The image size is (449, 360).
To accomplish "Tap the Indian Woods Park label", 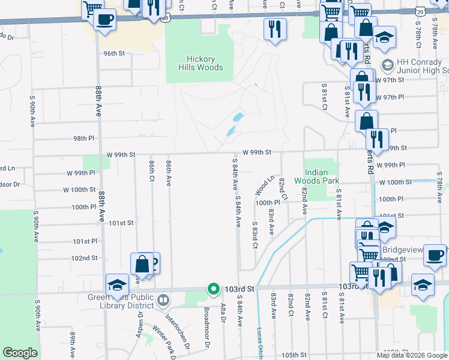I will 316,175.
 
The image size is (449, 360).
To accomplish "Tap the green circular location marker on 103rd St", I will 213,289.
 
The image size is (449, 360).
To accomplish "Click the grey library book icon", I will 163,299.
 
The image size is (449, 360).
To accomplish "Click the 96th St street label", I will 113,53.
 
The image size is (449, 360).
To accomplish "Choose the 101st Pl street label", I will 85,241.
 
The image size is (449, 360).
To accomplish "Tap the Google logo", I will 20,353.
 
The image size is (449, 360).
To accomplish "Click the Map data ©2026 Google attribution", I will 411,355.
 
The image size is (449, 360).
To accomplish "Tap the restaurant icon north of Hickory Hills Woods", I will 275,28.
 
